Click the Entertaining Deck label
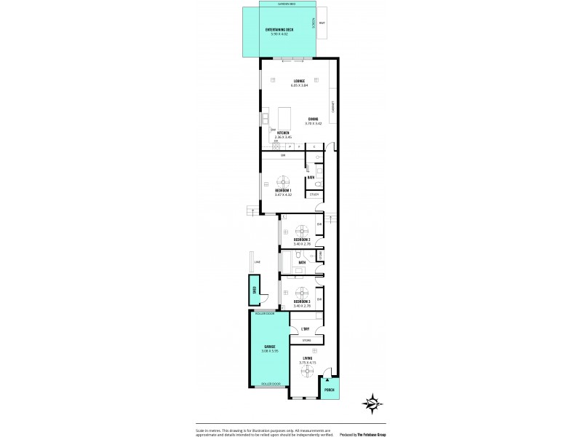pyautogui.click(x=279, y=30)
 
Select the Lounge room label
pyautogui.click(x=299, y=80)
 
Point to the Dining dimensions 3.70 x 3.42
pyautogui.click(x=313, y=124)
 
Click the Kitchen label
pyautogui.click(x=283, y=133)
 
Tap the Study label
pyautogui.click(x=314, y=194)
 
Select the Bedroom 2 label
pyautogui.click(x=302, y=240)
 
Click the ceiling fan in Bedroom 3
pyautogui.click(x=301, y=294)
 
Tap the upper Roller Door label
pyautogui.click(x=265, y=314)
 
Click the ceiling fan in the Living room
pyautogui.click(x=307, y=369)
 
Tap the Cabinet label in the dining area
pyautogui.click(x=332, y=106)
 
